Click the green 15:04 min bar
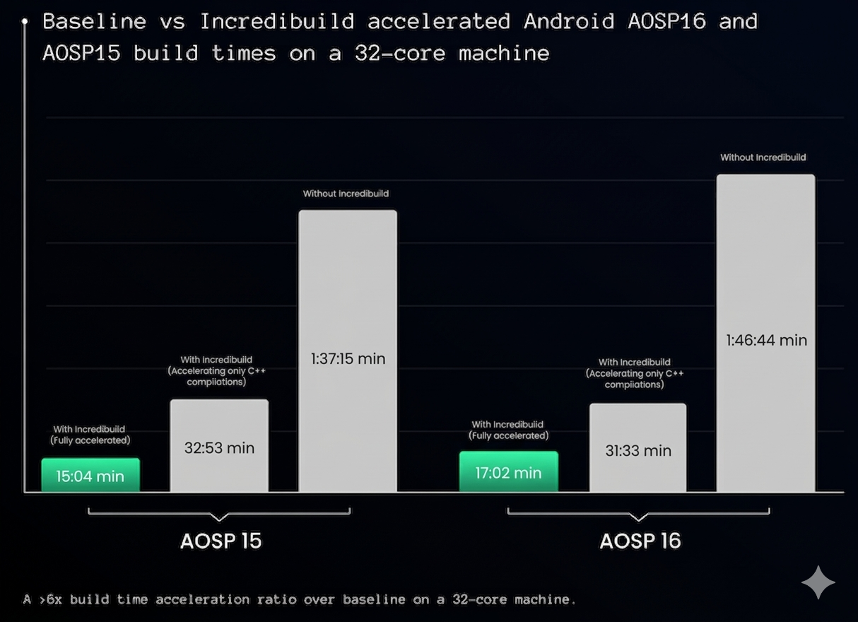pos(90,476)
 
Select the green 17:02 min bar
pos(508,472)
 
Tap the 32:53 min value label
pos(219,448)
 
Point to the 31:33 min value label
pos(638,451)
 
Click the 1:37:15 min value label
pos(348,359)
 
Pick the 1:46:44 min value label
pos(766,341)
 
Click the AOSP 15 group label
pos(221,541)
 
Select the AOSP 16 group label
pos(640,541)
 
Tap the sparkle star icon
pos(818,582)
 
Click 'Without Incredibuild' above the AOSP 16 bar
pos(763,158)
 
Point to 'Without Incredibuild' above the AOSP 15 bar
pos(346,194)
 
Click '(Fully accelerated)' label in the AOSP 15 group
pos(90,440)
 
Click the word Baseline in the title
pos(95,21)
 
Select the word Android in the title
pos(569,21)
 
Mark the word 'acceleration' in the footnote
pos(202,599)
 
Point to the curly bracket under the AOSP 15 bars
pos(219,512)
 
